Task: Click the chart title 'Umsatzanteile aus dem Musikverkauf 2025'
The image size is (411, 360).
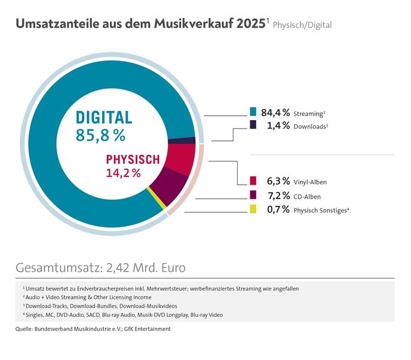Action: [x=140, y=24]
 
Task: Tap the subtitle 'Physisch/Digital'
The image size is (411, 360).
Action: [x=302, y=25]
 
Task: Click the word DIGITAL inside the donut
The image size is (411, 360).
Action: [x=104, y=117]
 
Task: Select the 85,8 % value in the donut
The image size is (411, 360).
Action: [x=101, y=136]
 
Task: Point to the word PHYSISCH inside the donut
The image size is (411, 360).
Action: [x=133, y=160]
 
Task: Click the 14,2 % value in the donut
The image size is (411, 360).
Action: [x=123, y=173]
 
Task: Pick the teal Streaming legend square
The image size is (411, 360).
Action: [x=253, y=112]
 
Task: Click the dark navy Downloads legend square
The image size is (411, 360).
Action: [x=253, y=125]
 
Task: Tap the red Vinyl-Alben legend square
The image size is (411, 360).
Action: [x=253, y=181]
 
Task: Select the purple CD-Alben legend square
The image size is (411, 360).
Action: [x=253, y=195]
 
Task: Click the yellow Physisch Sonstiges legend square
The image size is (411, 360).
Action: [x=253, y=209]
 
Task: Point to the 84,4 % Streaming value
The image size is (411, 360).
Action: [x=278, y=112]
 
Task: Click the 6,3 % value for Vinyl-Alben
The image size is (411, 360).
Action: [x=278, y=181]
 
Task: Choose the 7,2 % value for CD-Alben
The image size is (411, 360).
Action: [x=278, y=195]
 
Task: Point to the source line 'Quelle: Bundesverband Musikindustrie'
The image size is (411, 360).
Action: [x=93, y=329]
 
